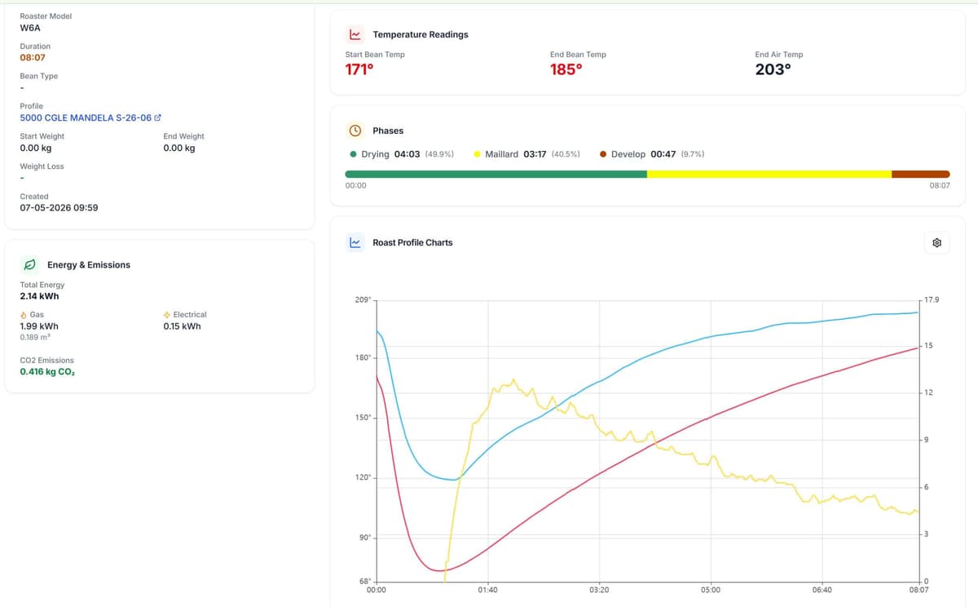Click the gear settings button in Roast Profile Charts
(x=936, y=242)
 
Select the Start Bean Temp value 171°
(x=359, y=69)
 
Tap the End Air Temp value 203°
(x=773, y=69)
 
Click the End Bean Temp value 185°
(x=566, y=69)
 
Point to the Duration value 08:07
(x=33, y=57)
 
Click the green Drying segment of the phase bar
(x=496, y=175)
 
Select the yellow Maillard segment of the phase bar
(x=769, y=175)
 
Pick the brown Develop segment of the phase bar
(x=921, y=175)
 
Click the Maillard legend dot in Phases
(x=477, y=154)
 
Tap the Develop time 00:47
(x=663, y=154)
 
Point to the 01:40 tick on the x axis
(x=487, y=590)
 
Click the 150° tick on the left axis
(x=363, y=418)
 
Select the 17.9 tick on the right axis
(x=932, y=299)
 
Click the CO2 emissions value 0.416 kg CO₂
(x=47, y=372)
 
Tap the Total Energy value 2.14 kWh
(x=39, y=296)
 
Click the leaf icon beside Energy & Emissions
(x=29, y=265)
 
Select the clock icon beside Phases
(x=355, y=131)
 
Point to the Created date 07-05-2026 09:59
(x=59, y=207)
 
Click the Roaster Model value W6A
(x=30, y=28)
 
